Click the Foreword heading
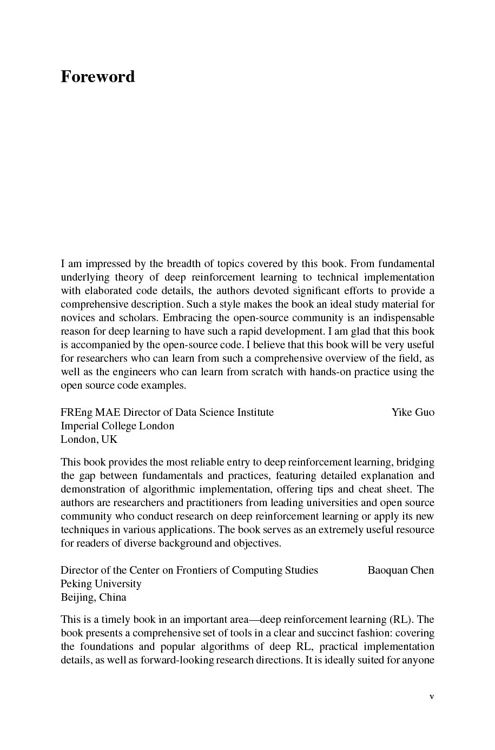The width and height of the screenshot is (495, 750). tap(97, 77)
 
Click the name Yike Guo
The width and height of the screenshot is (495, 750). tap(413, 413)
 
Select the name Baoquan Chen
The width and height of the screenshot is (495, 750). tap(400, 570)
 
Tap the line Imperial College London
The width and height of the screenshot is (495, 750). tap(117, 426)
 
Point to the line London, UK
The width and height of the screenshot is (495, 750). tap(89, 440)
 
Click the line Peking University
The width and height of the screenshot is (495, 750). tap(101, 584)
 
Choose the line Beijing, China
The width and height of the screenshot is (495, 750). tap(94, 598)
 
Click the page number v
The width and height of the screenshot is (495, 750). tap(432, 696)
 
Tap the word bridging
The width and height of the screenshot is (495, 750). tap(415, 462)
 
